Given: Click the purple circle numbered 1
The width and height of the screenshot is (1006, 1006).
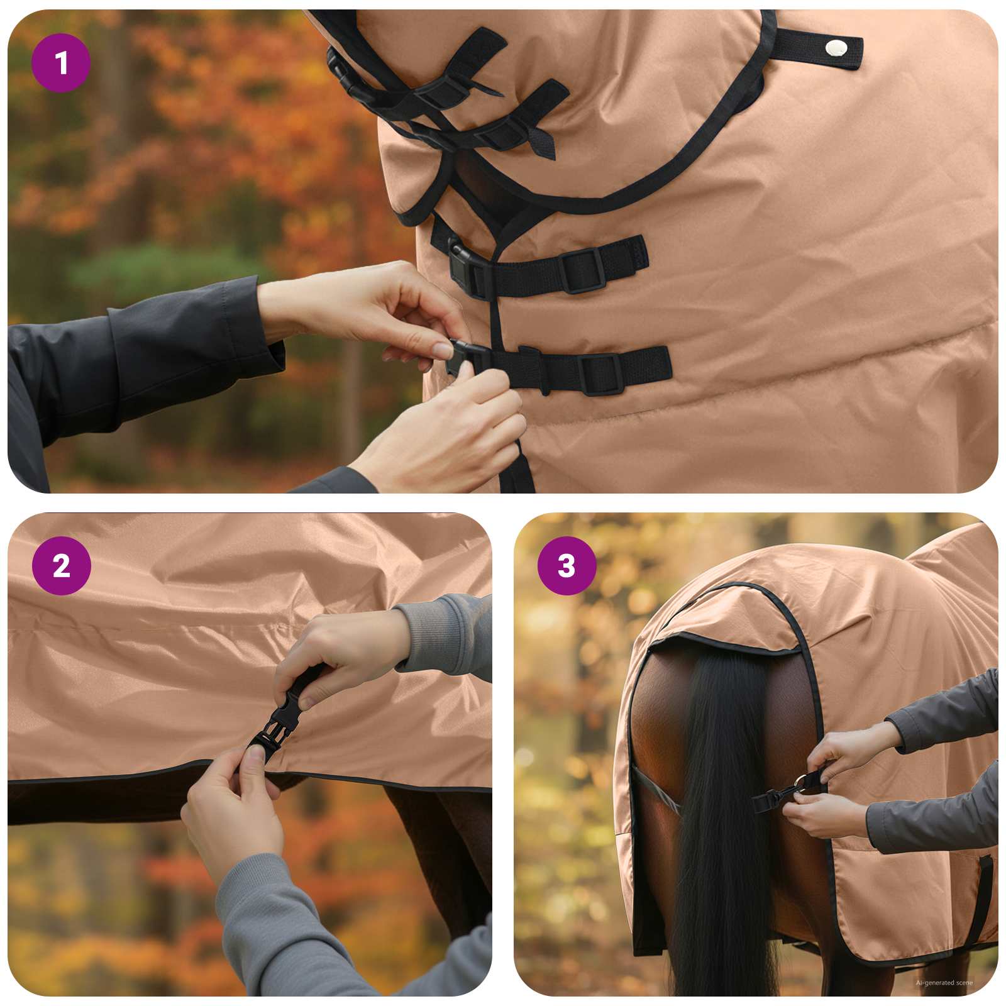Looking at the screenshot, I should tap(61, 63).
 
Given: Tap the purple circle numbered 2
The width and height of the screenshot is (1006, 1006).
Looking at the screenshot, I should tap(61, 566).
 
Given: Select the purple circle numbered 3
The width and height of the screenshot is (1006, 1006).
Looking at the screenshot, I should tap(567, 566).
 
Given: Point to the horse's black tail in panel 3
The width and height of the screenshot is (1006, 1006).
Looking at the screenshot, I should tap(723, 817).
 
